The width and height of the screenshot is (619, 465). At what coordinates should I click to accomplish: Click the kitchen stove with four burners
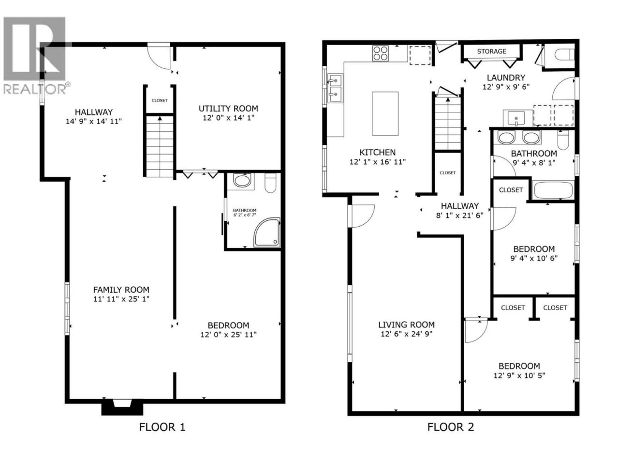click(380, 53)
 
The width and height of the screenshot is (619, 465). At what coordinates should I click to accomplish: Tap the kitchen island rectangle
click(385, 113)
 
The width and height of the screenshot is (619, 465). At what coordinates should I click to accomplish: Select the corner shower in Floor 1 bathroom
click(267, 232)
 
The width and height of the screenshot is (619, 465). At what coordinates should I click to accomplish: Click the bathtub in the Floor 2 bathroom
click(553, 190)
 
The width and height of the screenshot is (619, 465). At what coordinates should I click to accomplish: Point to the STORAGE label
click(491, 51)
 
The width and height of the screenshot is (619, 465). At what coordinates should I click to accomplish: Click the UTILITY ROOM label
click(228, 108)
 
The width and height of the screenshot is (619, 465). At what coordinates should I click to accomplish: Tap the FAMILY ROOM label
click(121, 290)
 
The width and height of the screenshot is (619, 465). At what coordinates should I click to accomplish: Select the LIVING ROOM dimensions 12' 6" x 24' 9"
click(406, 334)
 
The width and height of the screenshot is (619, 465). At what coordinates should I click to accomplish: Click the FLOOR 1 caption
click(162, 427)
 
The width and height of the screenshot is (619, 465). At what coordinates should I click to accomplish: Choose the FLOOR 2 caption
click(450, 427)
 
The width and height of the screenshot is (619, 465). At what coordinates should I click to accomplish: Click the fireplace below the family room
click(122, 407)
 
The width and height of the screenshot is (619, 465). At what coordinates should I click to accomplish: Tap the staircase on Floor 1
click(160, 146)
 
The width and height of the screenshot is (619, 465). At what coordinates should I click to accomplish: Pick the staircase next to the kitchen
click(447, 124)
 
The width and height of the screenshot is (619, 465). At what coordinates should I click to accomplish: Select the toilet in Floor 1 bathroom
click(270, 183)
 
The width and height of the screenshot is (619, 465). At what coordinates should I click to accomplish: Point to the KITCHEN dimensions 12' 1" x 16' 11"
click(378, 162)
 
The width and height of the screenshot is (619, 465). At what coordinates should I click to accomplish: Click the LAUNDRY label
click(506, 77)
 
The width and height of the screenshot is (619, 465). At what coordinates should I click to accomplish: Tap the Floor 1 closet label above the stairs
click(160, 101)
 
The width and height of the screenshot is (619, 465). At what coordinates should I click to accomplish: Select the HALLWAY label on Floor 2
click(460, 206)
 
